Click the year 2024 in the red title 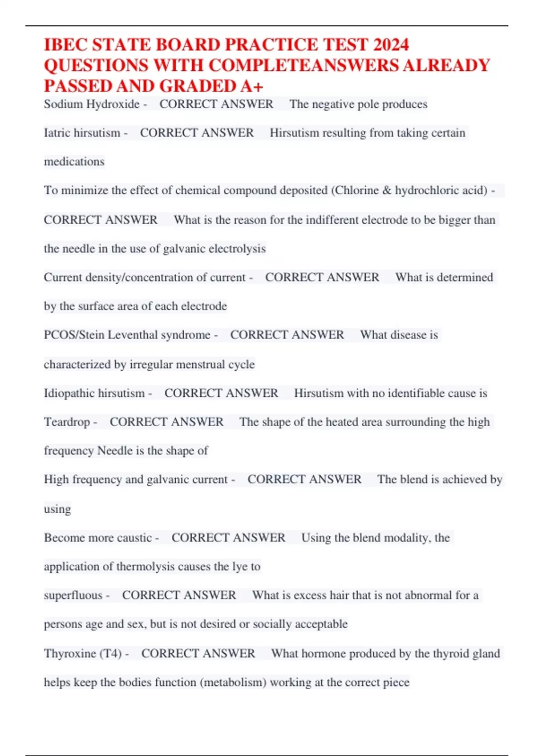click(391, 45)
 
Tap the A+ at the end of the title click(253, 86)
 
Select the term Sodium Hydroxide click(92, 104)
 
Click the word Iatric click(58, 133)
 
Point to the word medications click(74, 161)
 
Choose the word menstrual click(201, 365)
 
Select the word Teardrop click(67, 422)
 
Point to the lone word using click(57, 509)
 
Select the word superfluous click(73, 595)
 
